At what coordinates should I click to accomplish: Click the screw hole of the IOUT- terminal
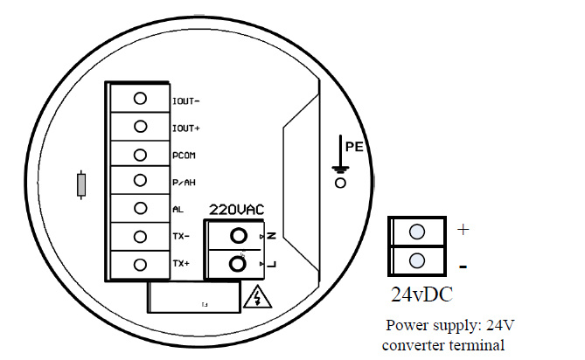point(140,99)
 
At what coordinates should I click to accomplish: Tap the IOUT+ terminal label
point(185,128)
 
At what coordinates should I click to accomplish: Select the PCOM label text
point(184,156)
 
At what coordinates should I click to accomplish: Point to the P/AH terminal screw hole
point(140,180)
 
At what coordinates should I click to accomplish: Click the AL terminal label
point(178,210)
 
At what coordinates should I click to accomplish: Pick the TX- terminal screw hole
point(140,236)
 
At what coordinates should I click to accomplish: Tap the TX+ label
point(181,264)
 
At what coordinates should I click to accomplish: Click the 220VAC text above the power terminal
point(237,210)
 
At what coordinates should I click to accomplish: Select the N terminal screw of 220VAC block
point(239,236)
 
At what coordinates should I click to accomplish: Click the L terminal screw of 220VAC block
point(238,264)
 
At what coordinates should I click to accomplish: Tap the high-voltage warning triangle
point(257,297)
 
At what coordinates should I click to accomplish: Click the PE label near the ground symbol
point(354,147)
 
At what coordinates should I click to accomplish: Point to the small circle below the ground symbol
point(340,183)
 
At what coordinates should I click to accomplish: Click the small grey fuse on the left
point(81,185)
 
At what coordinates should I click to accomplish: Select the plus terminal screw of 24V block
point(417,232)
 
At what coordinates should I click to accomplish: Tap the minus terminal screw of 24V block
point(417,260)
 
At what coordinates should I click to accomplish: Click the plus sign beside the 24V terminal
point(463,230)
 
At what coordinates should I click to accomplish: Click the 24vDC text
point(422,294)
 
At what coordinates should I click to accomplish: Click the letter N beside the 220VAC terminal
point(272,236)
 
